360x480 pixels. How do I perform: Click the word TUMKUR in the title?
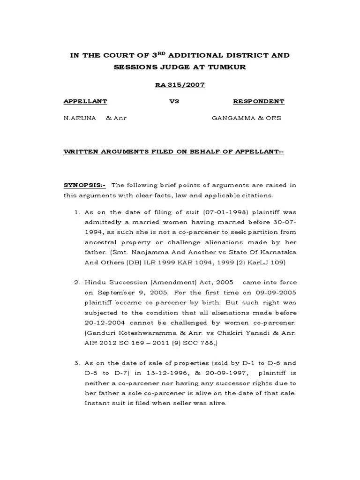[227, 67]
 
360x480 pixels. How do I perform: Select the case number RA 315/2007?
[180, 85]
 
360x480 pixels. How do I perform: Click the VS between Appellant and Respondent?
[174, 102]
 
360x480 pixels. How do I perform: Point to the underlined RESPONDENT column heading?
[258, 102]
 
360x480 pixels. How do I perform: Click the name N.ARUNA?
[80, 119]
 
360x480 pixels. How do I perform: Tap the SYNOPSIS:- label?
[85, 186]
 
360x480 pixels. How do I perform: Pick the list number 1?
[77, 212]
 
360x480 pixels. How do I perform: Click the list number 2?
[77, 283]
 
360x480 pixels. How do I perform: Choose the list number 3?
[77, 364]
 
